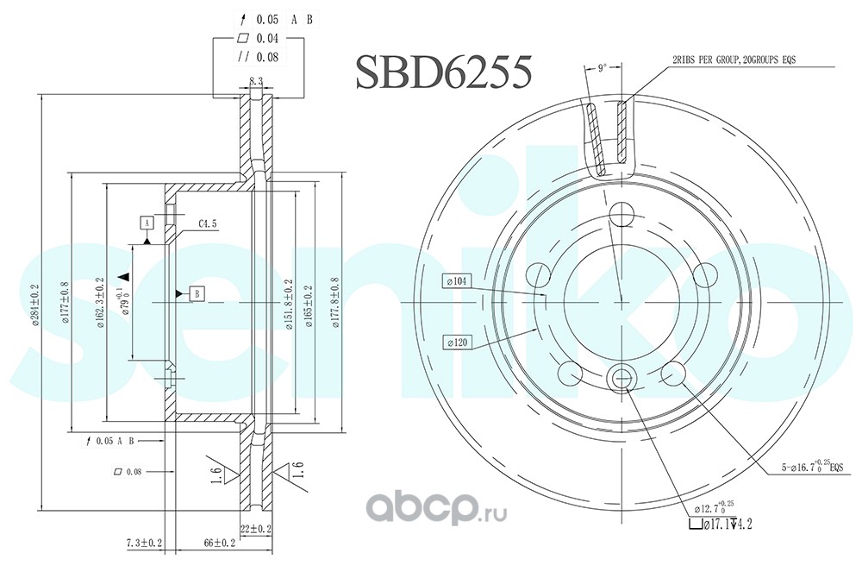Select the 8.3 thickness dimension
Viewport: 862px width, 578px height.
(256, 80)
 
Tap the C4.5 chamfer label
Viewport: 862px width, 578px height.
(208, 224)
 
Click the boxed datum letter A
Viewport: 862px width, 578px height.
(147, 223)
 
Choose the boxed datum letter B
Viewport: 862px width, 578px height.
(197, 293)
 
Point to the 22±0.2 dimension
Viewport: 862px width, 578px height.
(255, 528)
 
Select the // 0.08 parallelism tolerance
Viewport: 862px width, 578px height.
(257, 58)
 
